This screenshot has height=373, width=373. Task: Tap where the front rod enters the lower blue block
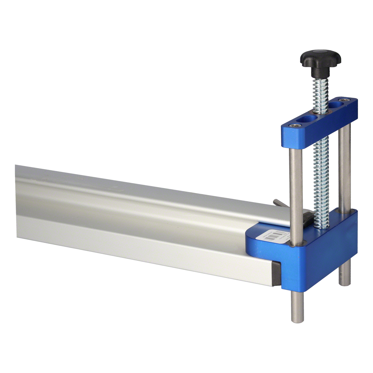click(294, 244)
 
